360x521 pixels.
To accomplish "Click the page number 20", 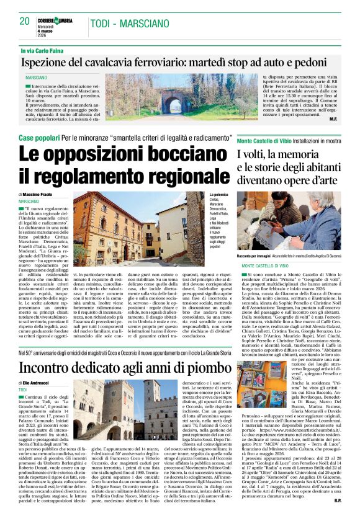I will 24,21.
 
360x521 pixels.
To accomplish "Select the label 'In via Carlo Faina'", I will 44,50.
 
